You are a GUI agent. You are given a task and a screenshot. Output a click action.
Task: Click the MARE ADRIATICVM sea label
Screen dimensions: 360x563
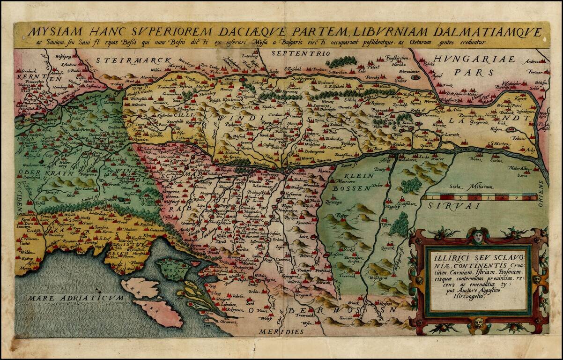[75, 298]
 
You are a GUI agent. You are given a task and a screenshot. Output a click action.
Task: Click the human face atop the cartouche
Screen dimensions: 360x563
[477, 237]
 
